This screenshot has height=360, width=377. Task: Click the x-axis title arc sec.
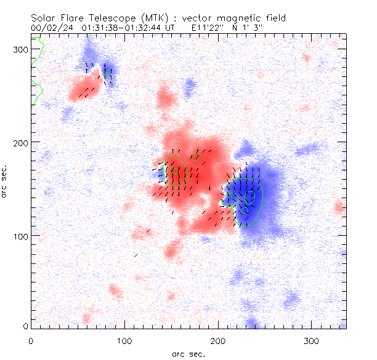[188, 353]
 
